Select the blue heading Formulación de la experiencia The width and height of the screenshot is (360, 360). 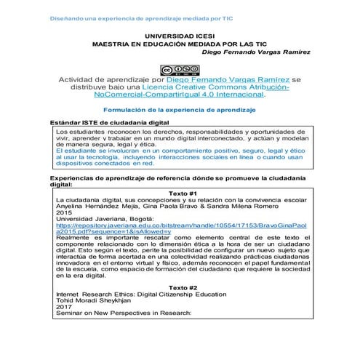180,108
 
